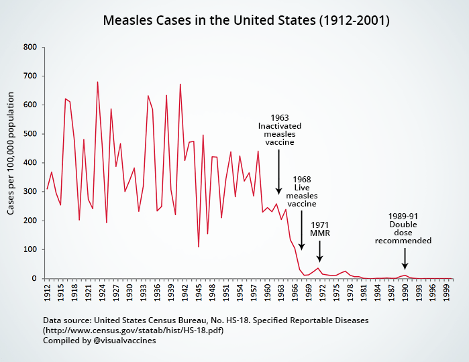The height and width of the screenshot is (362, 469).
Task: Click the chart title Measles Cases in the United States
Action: pyautogui.click(x=246, y=20)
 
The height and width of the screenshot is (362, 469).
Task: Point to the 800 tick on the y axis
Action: pyautogui.click(x=29, y=47)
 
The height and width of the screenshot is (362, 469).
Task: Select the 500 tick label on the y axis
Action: pyautogui.click(x=29, y=134)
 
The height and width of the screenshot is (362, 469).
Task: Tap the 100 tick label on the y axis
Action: pyautogui.click(x=29, y=250)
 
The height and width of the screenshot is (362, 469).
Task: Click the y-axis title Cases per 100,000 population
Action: pyautogui.click(x=11, y=163)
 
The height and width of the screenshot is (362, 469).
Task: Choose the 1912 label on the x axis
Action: pyautogui.click(x=47, y=293)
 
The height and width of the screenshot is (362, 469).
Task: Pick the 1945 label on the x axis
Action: pyautogui.click(x=199, y=293)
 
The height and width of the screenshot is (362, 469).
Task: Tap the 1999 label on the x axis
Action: pyautogui.click(x=446, y=293)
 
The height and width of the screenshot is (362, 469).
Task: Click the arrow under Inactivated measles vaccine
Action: pyautogui.click(x=279, y=171)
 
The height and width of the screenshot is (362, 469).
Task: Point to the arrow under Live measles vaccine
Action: pyautogui.click(x=301, y=237)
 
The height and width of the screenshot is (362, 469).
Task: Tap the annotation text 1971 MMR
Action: pyautogui.click(x=320, y=229)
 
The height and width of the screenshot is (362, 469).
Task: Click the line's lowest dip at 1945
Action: pyautogui.click(x=199, y=247)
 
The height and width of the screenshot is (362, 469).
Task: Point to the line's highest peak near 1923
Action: pyautogui.click(x=97, y=82)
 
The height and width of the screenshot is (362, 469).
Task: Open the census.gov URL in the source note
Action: pyautogui.click(x=133, y=330)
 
